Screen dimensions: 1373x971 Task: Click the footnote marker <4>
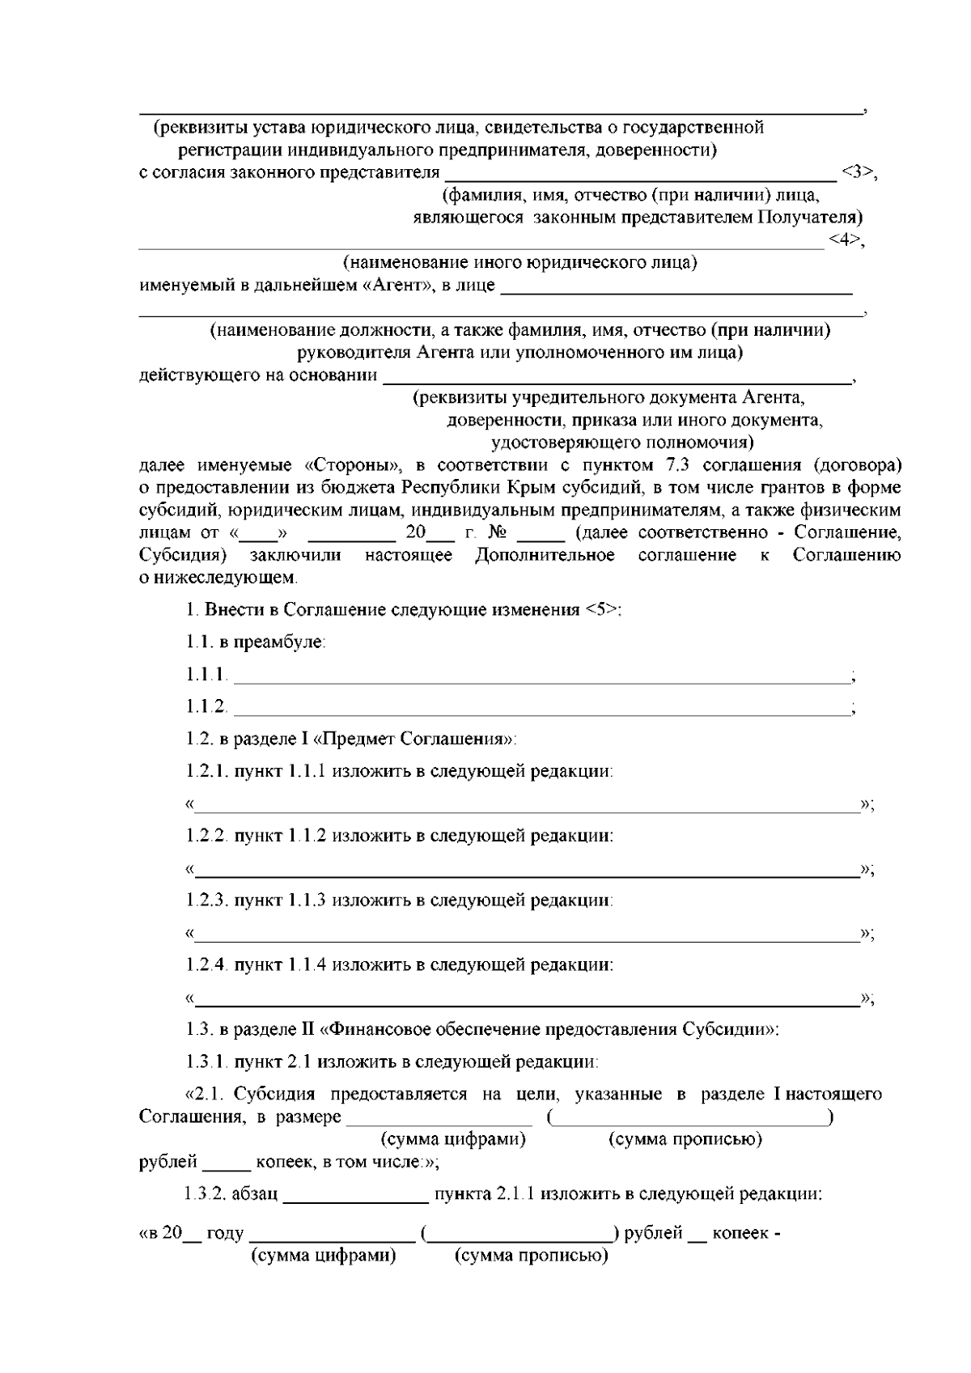[x=844, y=240]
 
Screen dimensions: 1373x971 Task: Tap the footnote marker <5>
[x=600, y=610]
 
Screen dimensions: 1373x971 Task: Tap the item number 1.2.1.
[x=208, y=771]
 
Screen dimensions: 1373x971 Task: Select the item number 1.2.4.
[x=208, y=965]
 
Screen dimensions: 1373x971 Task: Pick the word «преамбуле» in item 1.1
[x=279, y=642]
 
